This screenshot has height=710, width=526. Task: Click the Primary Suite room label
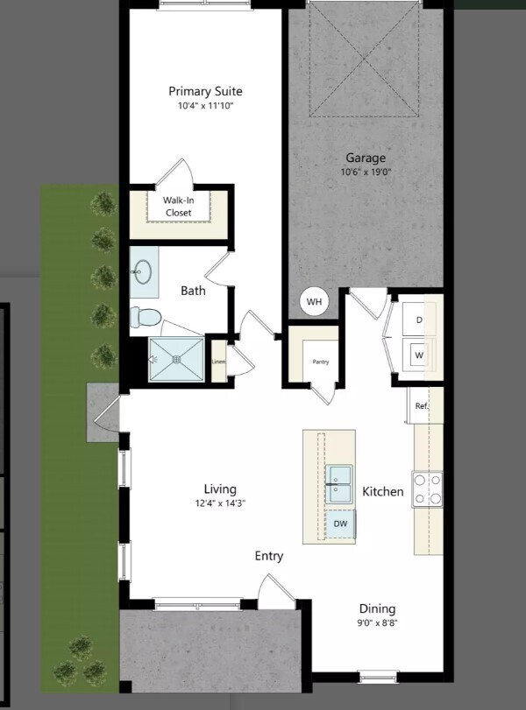coord(205,91)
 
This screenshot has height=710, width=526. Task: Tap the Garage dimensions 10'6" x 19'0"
coord(366,172)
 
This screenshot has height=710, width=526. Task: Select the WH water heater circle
coord(314,303)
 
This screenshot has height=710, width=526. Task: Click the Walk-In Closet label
coord(178,206)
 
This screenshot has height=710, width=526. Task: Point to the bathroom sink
coord(143,272)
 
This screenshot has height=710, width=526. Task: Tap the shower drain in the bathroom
coord(176,359)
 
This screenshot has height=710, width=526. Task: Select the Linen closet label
coord(219,362)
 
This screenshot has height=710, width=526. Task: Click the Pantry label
coord(321,361)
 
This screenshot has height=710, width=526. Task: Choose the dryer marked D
coord(419,320)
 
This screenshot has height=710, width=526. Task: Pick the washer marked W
coord(419,355)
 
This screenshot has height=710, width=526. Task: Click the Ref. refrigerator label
coord(422,405)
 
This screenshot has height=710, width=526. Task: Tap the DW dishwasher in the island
coord(340,524)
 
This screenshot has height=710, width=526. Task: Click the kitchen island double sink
coord(339,484)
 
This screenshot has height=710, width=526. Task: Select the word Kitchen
coord(383,492)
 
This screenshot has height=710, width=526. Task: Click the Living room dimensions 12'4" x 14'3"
coord(220,503)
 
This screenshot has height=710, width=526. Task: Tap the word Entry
coord(269,556)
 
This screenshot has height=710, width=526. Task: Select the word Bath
coord(194,291)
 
